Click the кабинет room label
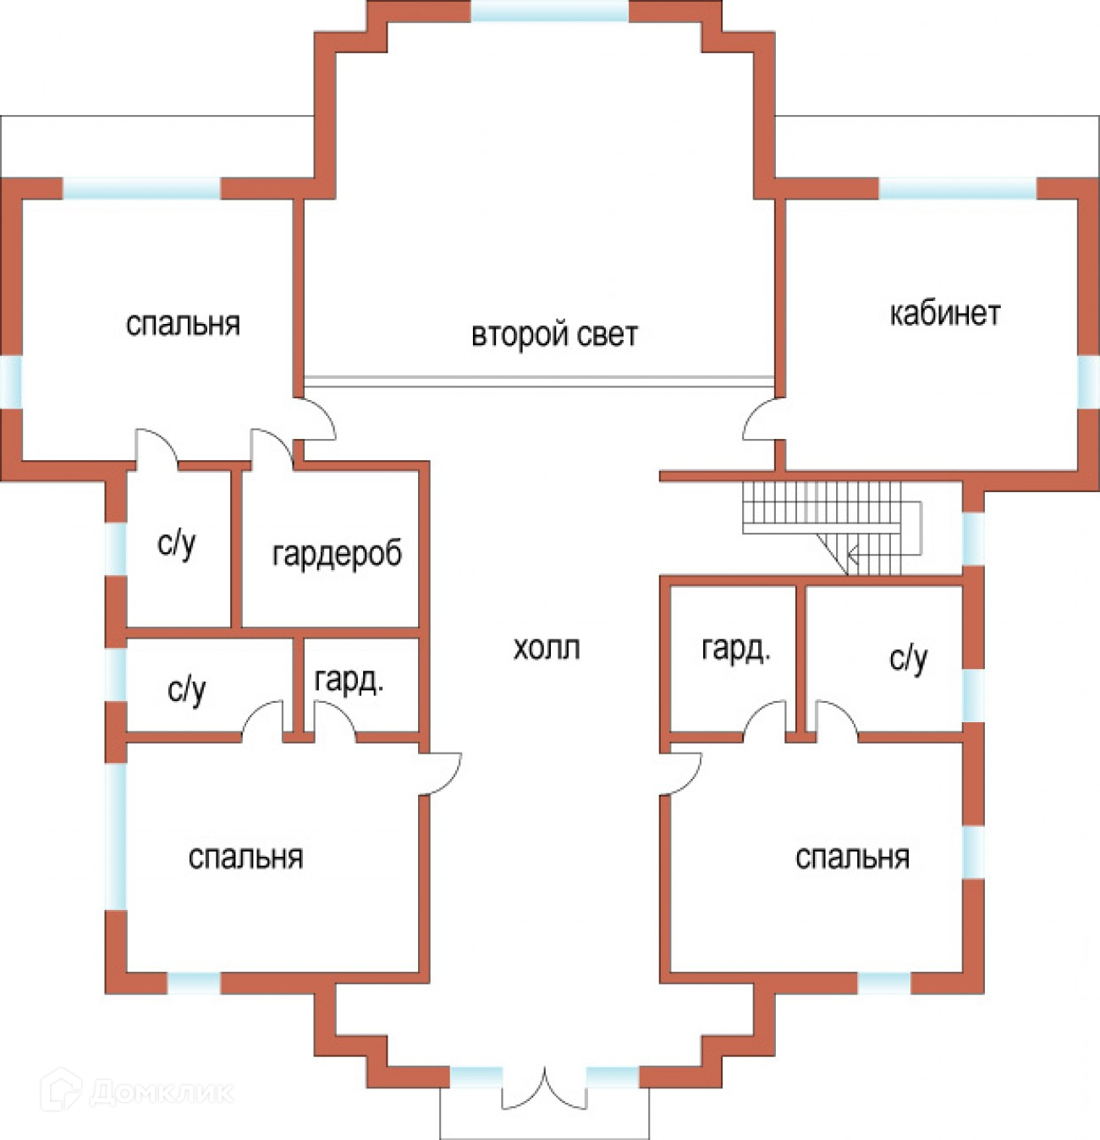click(x=944, y=314)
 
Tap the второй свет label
click(x=554, y=335)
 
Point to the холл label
click(x=547, y=649)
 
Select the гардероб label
click(x=337, y=554)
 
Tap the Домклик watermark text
click(x=161, y=1092)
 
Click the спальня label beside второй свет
click(x=183, y=324)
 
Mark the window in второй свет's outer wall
click(x=550, y=11)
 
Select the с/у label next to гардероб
click(x=177, y=544)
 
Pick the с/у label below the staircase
click(x=909, y=658)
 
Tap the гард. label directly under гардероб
click(x=349, y=681)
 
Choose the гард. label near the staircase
click(x=736, y=649)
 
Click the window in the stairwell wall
click(x=973, y=538)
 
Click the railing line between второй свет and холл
click(x=539, y=381)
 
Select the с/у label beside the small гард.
click(x=187, y=691)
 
